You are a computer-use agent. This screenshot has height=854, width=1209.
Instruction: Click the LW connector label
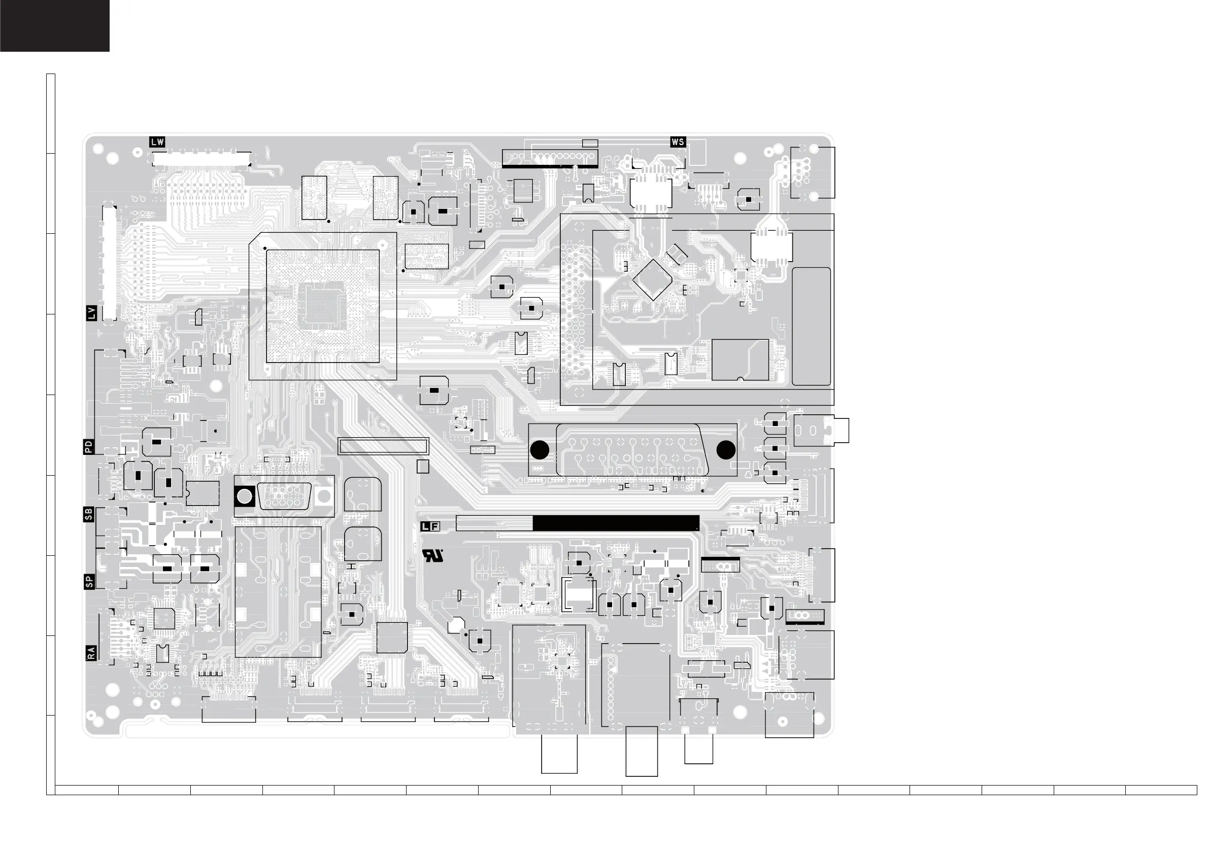tap(157, 141)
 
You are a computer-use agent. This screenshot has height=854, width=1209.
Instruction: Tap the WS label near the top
tap(678, 141)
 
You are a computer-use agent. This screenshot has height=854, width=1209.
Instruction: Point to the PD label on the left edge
tap(89, 447)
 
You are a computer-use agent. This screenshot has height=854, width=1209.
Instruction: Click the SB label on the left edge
tap(89, 514)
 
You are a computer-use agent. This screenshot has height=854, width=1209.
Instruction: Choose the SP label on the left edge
tap(89, 582)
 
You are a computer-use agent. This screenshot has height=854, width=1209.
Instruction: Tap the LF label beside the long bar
tap(430, 526)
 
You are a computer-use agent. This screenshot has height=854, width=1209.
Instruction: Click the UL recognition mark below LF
tap(433, 556)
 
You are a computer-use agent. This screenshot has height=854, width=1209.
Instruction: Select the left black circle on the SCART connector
tap(540, 450)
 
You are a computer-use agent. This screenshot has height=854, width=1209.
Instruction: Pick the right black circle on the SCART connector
tap(726, 450)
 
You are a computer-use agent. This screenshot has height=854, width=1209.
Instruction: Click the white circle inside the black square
tap(244, 496)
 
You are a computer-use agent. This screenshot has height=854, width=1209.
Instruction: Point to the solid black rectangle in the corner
tap(55, 26)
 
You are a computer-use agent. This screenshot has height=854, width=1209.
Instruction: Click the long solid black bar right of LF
tap(616, 523)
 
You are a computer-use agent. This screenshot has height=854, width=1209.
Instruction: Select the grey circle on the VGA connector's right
tap(324, 495)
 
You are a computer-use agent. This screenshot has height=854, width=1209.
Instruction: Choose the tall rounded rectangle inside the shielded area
tap(811, 326)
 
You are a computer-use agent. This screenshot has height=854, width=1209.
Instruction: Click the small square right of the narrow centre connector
tap(422, 467)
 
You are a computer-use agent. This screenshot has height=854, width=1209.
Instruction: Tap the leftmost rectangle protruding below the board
tap(559, 754)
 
